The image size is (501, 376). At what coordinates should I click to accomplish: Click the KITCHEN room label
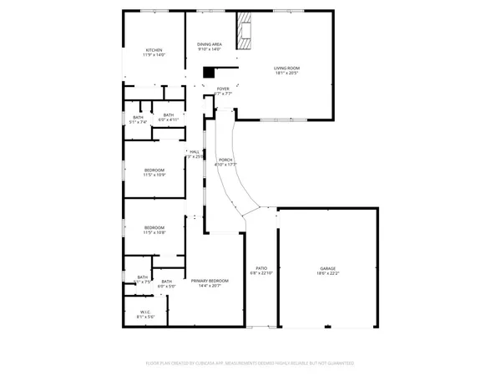154,50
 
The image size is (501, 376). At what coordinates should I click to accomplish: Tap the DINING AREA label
210,44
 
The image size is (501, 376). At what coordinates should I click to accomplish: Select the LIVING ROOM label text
286,68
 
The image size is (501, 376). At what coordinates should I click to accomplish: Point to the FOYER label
223,89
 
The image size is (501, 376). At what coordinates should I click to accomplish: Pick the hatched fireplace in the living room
244,33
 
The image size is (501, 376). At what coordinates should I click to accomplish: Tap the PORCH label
225,160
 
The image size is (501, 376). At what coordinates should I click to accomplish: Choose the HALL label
195,151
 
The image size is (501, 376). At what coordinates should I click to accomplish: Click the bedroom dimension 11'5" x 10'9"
154,175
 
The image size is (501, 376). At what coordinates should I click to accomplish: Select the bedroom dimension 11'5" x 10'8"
154,232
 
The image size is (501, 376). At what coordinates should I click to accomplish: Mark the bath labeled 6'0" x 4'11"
169,119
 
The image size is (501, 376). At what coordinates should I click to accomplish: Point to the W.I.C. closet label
145,312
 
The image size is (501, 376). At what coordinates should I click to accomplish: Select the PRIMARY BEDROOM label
209,280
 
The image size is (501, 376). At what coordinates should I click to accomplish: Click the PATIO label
261,268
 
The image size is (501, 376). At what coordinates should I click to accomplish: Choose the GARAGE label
327,268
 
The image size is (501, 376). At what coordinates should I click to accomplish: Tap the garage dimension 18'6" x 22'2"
327,273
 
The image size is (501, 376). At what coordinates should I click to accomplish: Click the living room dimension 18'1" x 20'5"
286,73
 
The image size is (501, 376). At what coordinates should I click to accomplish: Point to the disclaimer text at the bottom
250,363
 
